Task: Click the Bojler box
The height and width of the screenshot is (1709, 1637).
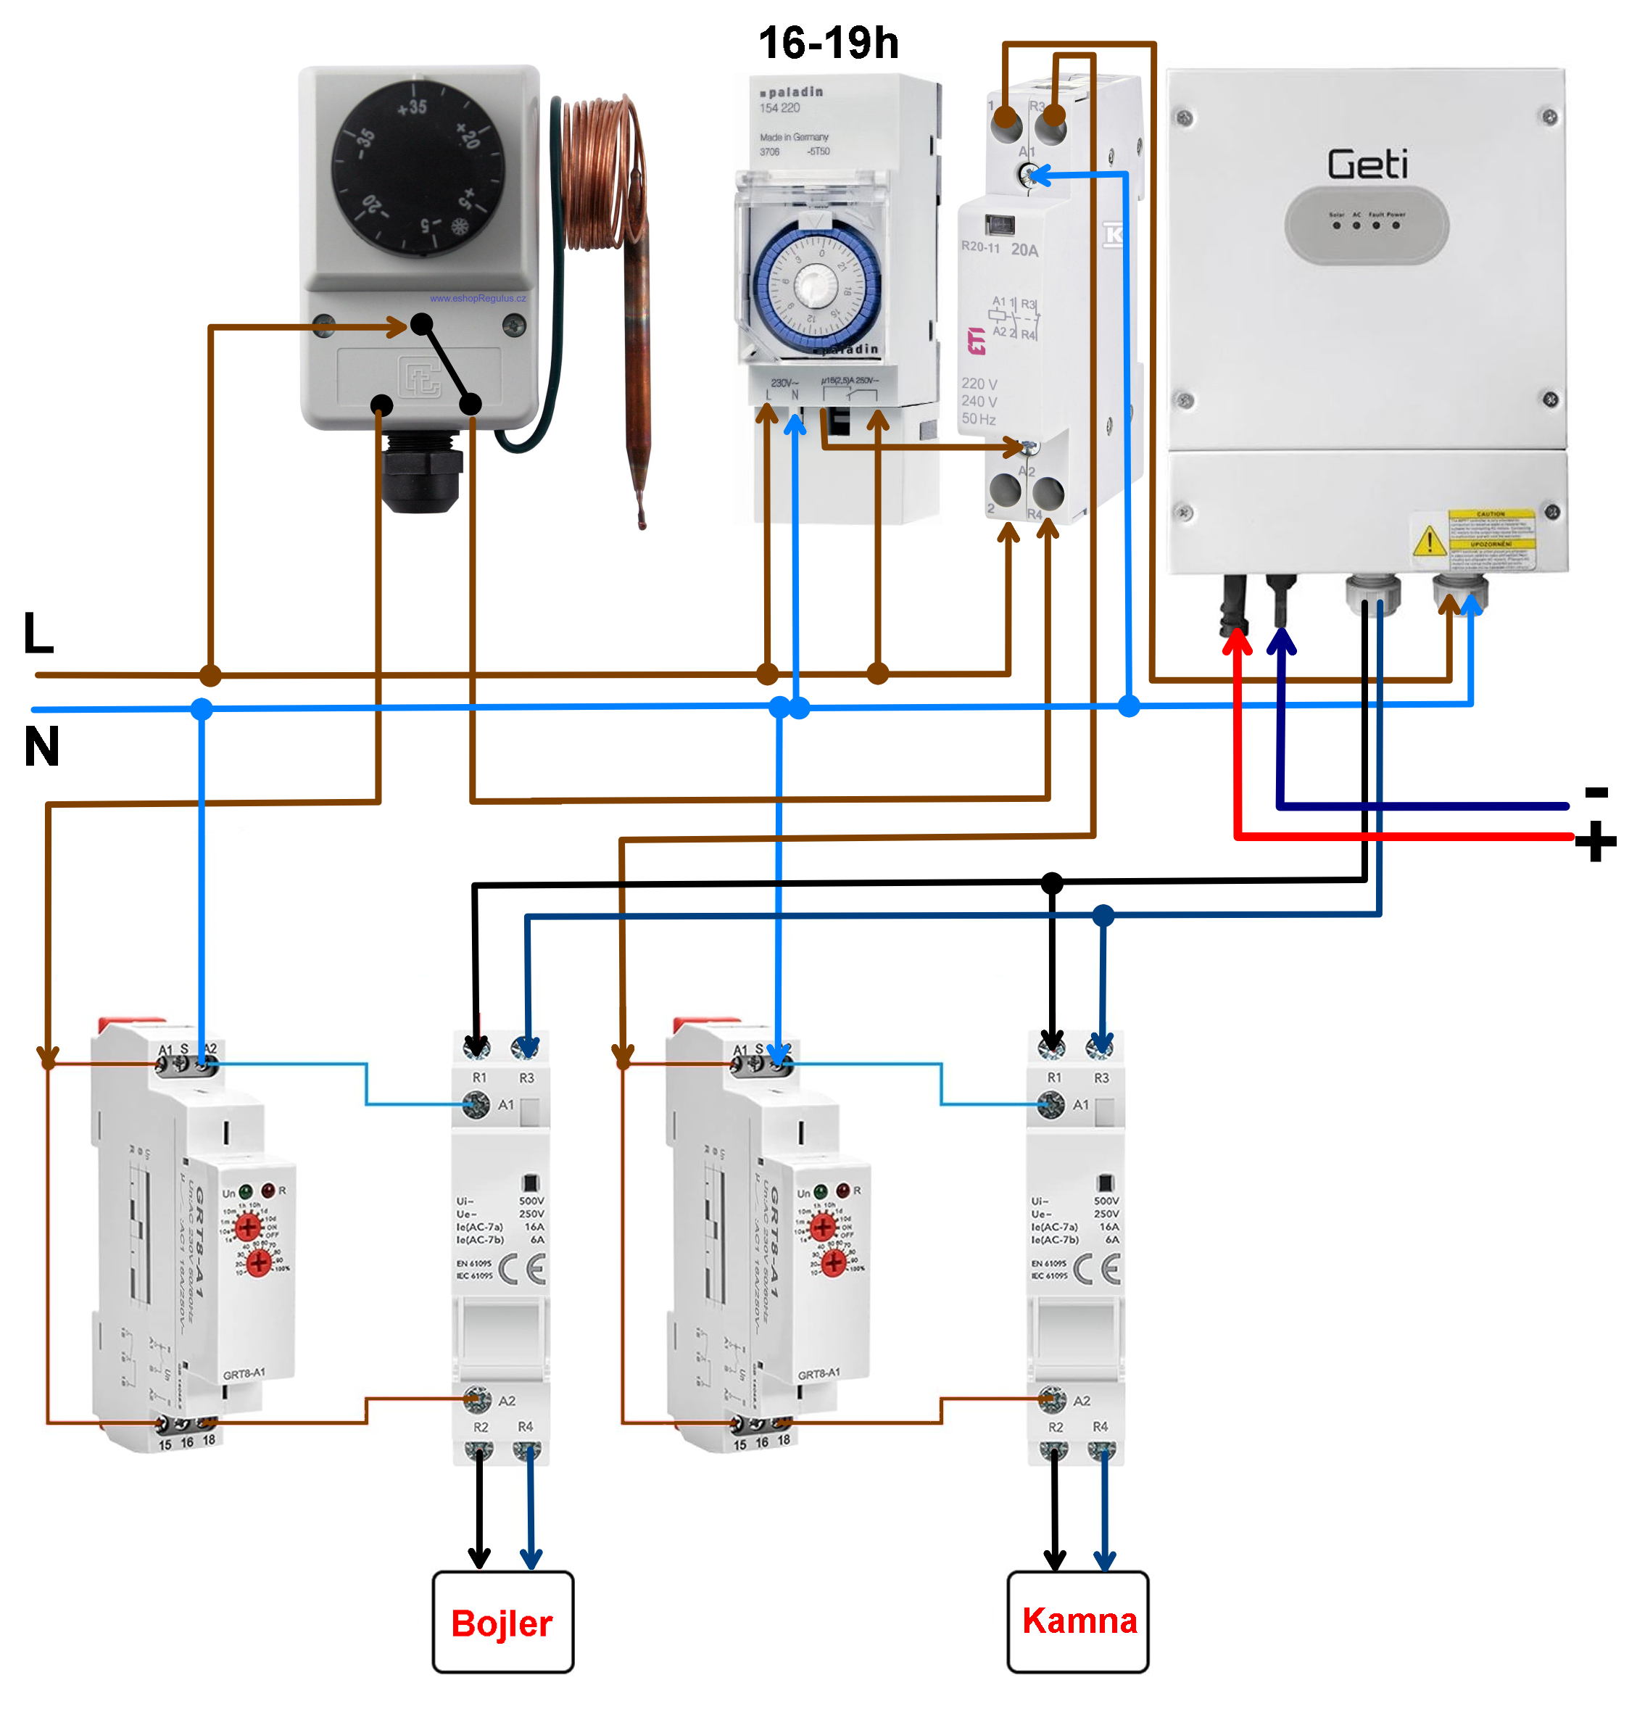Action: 502,1623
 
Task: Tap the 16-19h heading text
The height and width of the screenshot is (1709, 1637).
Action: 827,43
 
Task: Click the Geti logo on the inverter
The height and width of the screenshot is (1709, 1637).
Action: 1366,164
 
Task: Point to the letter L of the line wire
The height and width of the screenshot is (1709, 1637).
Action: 38,633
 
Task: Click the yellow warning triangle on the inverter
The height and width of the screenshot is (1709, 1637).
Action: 1427,541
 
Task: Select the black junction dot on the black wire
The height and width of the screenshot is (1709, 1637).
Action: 1051,883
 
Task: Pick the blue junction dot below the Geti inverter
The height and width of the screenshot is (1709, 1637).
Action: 1128,705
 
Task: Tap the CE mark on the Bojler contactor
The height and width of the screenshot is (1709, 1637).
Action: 522,1269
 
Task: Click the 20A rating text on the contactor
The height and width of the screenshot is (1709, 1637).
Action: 1024,250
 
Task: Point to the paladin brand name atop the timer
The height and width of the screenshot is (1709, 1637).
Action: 793,91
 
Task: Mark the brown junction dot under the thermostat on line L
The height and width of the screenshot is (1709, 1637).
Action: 210,675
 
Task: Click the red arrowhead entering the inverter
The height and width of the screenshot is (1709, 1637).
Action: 1236,642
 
